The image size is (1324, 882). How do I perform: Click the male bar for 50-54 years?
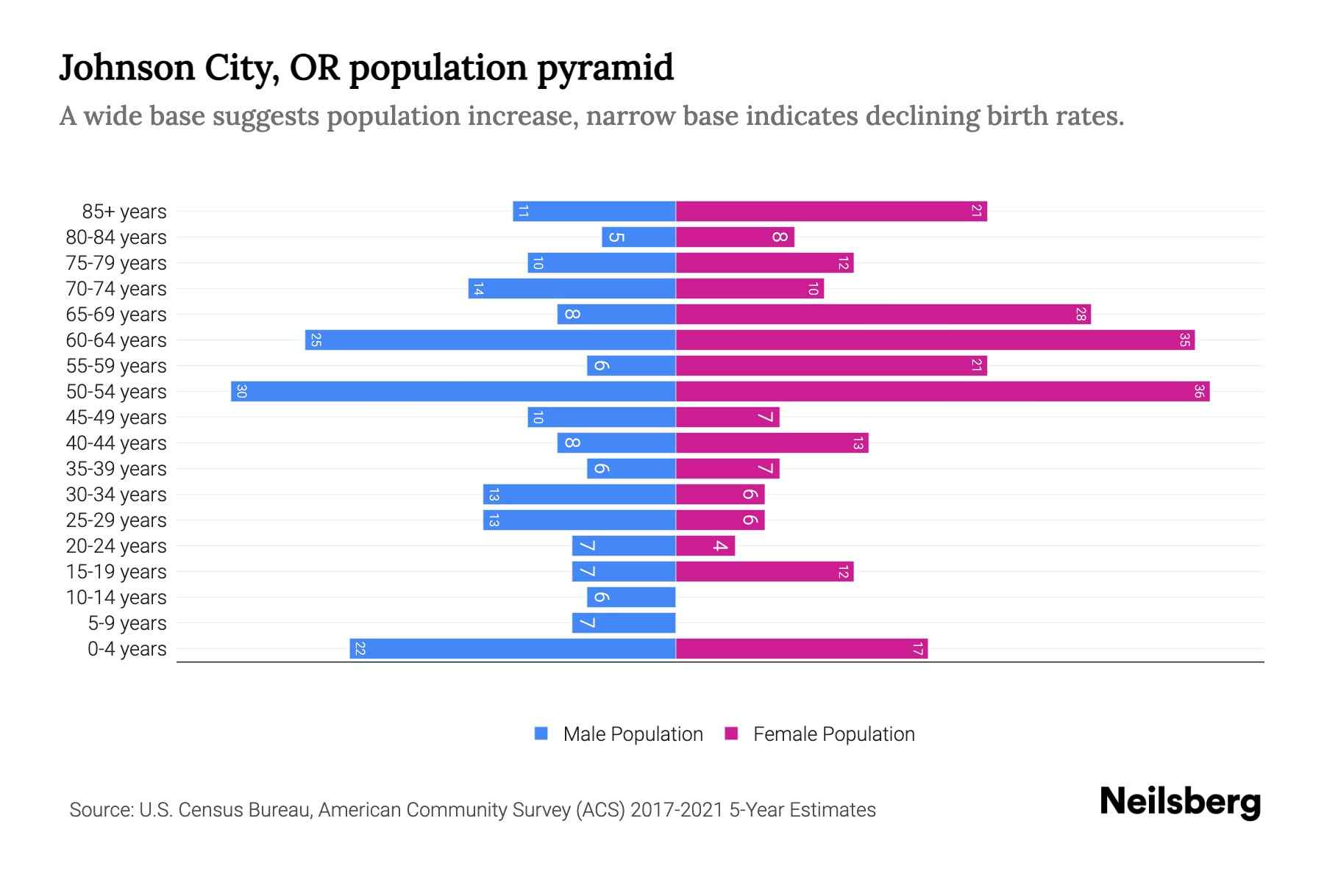click(x=453, y=391)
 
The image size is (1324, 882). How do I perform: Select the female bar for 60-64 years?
click(x=934, y=340)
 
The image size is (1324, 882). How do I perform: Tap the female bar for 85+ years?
click(x=831, y=211)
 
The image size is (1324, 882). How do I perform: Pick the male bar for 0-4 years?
click(x=513, y=648)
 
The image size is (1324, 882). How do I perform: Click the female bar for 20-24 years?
click(x=705, y=545)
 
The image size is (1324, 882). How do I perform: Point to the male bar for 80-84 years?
click(x=638, y=237)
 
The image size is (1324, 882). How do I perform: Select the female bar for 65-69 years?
click(x=883, y=314)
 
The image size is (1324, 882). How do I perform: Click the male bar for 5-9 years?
click(x=624, y=623)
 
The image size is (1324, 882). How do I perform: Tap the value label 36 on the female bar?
click(x=1199, y=391)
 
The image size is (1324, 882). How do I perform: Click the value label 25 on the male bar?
click(x=316, y=340)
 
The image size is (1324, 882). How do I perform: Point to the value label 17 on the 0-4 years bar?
click(x=917, y=648)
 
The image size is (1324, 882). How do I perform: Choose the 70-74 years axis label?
click(x=116, y=289)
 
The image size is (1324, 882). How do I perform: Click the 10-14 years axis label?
click(x=116, y=598)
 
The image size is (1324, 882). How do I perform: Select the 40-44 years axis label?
click(x=116, y=443)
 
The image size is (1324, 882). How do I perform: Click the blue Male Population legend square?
click(x=541, y=734)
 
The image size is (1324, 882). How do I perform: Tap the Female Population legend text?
click(x=833, y=734)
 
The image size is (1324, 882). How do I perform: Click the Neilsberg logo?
click(x=1180, y=802)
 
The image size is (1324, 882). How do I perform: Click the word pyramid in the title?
click(x=605, y=68)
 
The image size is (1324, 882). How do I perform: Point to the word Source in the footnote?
click(x=101, y=810)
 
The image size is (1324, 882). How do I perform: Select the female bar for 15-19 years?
click(x=764, y=571)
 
